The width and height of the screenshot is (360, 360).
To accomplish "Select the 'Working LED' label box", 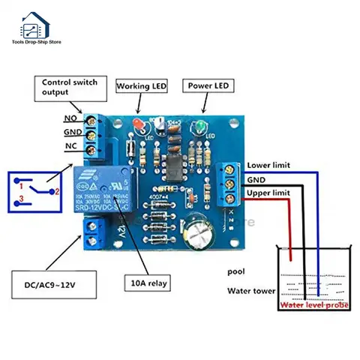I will click(141, 86).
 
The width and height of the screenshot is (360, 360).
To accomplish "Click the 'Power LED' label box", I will click(207, 86).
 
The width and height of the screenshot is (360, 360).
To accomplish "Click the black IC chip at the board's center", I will click(172, 164).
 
